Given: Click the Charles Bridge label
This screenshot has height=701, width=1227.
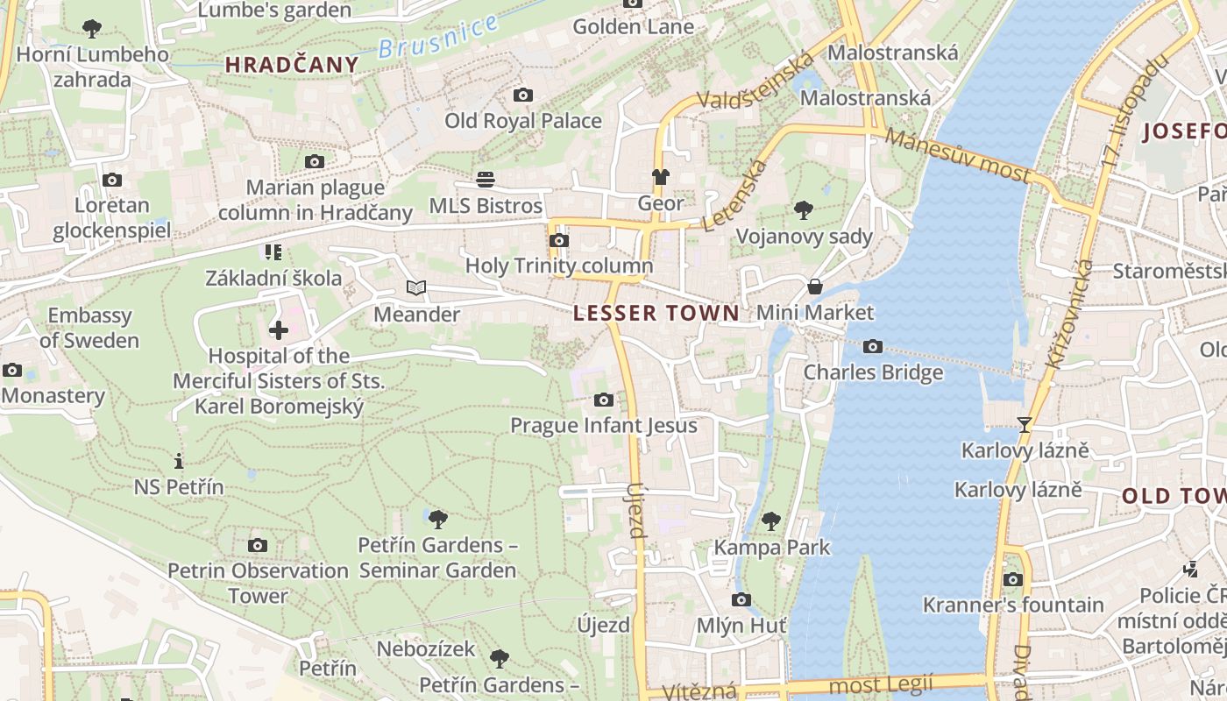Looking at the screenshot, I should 874,372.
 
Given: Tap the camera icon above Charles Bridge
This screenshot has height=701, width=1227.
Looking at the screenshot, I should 872,347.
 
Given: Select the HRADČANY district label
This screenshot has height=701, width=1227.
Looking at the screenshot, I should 292,64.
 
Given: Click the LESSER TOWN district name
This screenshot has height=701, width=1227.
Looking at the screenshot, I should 656,313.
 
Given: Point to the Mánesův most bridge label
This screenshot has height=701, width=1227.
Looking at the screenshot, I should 957,154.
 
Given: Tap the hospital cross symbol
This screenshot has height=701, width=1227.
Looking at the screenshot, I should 279,330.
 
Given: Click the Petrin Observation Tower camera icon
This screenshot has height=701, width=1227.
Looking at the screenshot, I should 258,545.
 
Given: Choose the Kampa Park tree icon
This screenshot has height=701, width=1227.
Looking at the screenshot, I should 771,521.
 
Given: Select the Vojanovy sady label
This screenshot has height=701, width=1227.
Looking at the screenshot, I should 805,237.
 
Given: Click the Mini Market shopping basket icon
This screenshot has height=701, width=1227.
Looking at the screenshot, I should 815,287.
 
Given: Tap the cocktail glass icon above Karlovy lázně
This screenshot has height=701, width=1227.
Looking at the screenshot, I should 1025,425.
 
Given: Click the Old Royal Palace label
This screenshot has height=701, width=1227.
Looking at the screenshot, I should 523,121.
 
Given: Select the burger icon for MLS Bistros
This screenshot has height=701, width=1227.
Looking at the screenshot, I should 486,180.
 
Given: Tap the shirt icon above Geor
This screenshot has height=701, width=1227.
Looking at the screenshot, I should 661,178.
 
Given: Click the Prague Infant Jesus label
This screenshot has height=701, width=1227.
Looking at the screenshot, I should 604,426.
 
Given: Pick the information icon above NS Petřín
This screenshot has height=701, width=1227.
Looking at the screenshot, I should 179,461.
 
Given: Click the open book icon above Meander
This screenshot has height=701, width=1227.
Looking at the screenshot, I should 416,287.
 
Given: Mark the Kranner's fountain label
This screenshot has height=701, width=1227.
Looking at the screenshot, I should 1013,605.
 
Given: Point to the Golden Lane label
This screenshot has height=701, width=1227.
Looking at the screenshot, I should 633,27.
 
